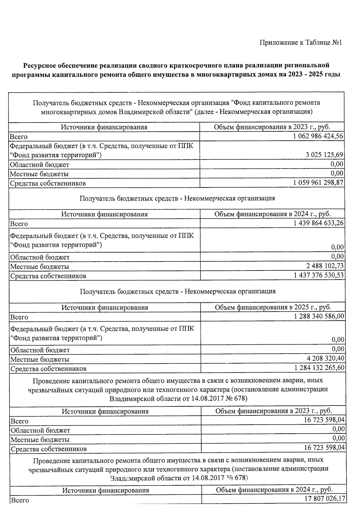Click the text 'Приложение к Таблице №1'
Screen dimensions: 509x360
point(301,43)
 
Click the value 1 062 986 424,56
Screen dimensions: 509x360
point(318,136)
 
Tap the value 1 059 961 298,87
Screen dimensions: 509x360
point(318,182)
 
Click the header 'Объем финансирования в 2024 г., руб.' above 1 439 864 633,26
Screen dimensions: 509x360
point(272,214)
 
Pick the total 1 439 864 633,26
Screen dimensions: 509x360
point(319,223)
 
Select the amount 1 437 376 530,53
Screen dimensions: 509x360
point(319,275)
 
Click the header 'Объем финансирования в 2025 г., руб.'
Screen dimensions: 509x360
point(273,307)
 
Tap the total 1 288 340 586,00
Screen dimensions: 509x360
point(319,316)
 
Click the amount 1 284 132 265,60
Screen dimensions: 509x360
point(319,367)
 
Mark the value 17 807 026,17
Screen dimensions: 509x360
point(324,499)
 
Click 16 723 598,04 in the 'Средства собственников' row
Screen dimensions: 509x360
point(324,448)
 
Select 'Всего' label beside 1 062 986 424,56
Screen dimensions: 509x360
point(19,137)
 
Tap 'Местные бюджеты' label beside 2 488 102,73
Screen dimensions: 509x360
point(40,266)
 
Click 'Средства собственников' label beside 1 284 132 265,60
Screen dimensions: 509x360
point(49,369)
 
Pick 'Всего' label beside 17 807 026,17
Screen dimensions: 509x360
point(20,500)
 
